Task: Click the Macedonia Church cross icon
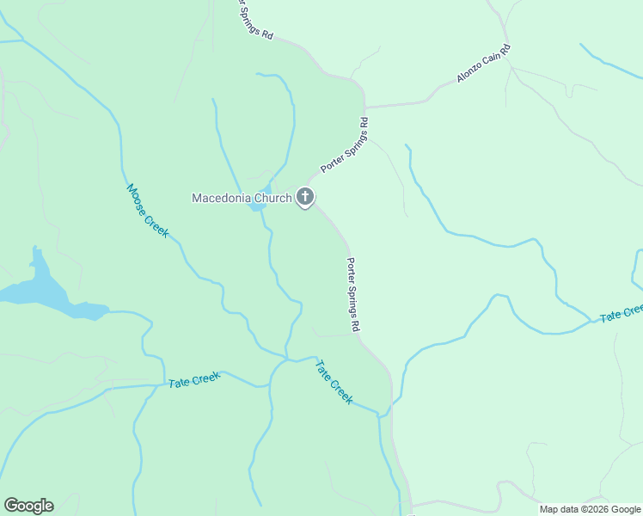304,199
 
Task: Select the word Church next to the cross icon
271,199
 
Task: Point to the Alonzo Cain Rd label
483,64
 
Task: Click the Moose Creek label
147,210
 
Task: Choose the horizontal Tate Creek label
194,379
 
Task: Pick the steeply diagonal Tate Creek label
334,382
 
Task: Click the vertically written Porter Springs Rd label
352,295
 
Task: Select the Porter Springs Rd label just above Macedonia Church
345,145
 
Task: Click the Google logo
28,506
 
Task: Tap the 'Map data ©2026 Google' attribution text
590,509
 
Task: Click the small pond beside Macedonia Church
256,206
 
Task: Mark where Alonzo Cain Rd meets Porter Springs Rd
365,107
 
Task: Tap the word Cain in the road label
493,58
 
